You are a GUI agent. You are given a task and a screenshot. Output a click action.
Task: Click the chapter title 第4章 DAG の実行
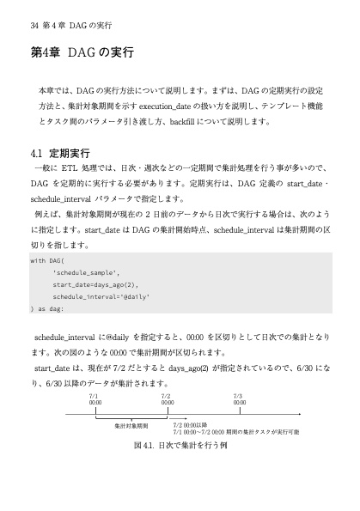82,52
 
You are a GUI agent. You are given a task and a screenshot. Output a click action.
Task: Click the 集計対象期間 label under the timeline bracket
131,426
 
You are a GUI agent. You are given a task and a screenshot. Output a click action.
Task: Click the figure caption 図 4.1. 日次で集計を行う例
180,447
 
